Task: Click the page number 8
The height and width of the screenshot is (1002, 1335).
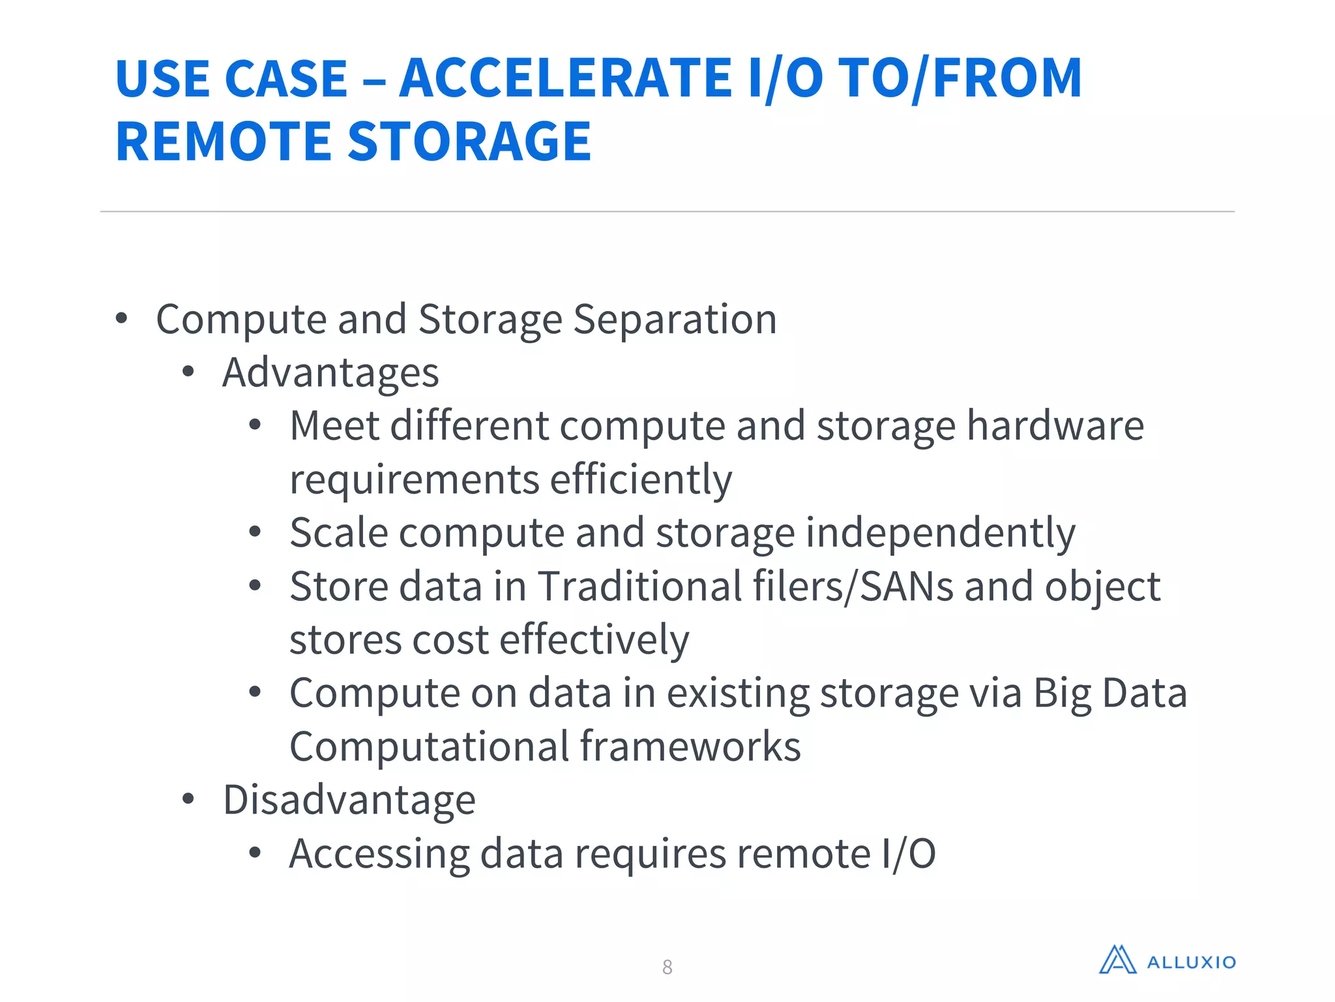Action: click(667, 967)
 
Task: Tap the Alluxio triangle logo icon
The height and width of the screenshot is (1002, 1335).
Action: click(1117, 960)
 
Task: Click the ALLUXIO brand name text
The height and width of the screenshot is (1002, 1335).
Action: click(1191, 963)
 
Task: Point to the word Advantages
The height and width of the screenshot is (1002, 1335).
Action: click(330, 373)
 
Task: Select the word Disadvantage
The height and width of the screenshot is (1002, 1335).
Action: click(349, 800)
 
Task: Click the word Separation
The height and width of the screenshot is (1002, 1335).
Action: click(675, 320)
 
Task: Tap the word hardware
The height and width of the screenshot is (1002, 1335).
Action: click(1055, 426)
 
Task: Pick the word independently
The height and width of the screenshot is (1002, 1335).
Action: click(941, 533)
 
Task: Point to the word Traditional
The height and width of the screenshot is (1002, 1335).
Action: click(640, 586)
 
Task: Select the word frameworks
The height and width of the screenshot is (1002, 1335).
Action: click(690, 747)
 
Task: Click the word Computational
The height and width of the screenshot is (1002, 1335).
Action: click(430, 747)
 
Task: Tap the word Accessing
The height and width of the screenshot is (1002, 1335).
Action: click(379, 854)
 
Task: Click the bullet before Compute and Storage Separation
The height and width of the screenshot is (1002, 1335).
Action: click(121, 319)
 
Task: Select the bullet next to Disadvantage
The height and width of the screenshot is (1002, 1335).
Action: click(188, 799)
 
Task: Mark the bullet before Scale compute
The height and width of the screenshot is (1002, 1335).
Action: click(255, 532)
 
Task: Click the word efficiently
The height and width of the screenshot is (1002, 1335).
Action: click(641, 479)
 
